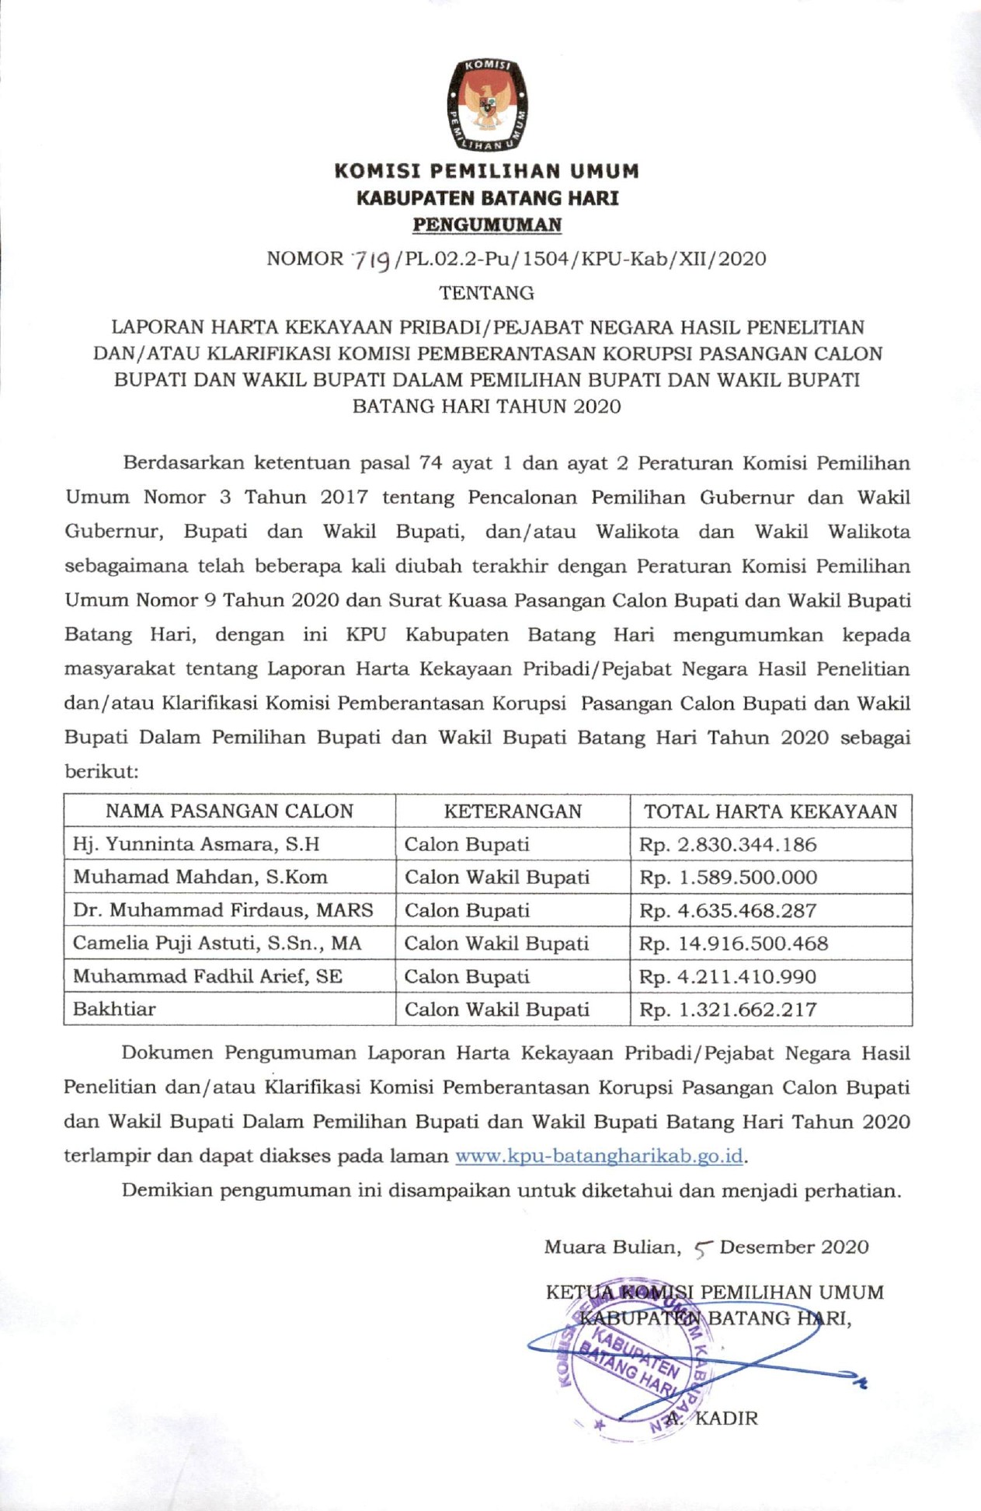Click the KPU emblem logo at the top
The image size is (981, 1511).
click(x=487, y=105)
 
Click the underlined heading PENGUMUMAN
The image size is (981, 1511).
click(x=487, y=225)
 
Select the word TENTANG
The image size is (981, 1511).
click(x=487, y=293)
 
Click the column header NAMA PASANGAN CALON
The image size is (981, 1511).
click(x=229, y=811)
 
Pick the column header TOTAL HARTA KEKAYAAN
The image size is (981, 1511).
click(x=771, y=811)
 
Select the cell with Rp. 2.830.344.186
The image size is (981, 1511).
click(x=728, y=845)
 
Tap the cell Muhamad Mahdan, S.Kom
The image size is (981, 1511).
click(x=200, y=878)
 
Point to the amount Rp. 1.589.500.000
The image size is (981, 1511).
click(x=728, y=878)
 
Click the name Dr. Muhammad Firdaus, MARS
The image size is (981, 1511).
click(x=223, y=910)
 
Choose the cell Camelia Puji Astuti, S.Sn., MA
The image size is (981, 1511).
click(x=217, y=944)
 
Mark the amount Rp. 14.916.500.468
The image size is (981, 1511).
click(x=733, y=944)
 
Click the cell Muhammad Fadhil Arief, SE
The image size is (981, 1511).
click(x=207, y=976)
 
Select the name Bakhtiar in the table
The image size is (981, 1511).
click(x=114, y=1010)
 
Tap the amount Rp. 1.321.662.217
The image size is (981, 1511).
click(x=728, y=1010)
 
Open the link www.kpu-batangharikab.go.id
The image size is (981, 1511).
click(x=599, y=1156)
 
